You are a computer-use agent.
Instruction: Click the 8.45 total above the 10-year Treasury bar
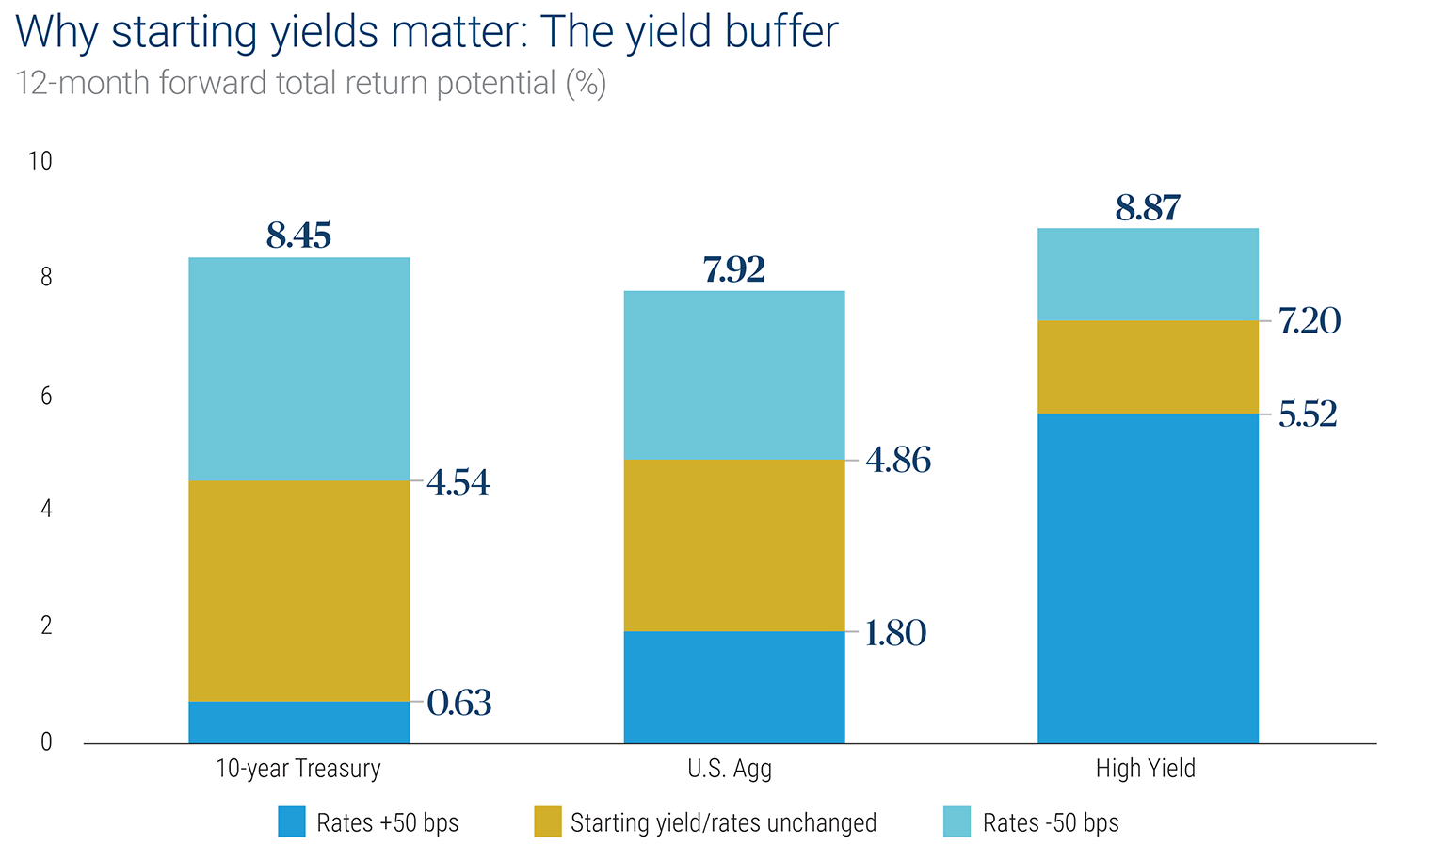tap(298, 236)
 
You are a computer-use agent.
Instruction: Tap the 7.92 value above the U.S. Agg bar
tap(733, 269)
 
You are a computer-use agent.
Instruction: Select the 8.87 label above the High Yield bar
tap(1148, 207)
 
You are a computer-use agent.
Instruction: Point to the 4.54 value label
tap(458, 482)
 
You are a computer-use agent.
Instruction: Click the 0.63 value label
tap(459, 703)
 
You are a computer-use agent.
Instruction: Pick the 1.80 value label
tap(895, 633)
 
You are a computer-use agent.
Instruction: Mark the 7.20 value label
tap(1310, 321)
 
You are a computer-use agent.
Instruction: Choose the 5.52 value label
tap(1308, 414)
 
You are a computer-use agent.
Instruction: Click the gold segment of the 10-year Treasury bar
tap(298, 591)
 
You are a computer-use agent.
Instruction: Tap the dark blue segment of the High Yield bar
tap(1148, 578)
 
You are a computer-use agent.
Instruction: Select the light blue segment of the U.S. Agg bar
tap(733, 375)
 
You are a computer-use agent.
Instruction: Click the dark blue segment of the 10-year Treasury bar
tap(298, 723)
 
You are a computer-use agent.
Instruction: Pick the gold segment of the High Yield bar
tap(1148, 366)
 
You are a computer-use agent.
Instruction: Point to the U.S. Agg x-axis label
tap(730, 769)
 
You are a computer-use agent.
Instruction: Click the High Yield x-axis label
tap(1145, 769)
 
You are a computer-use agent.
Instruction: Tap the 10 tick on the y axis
tap(40, 161)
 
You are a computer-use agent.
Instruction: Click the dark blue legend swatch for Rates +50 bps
tap(292, 822)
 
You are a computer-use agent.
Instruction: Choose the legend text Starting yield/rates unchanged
tap(723, 822)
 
